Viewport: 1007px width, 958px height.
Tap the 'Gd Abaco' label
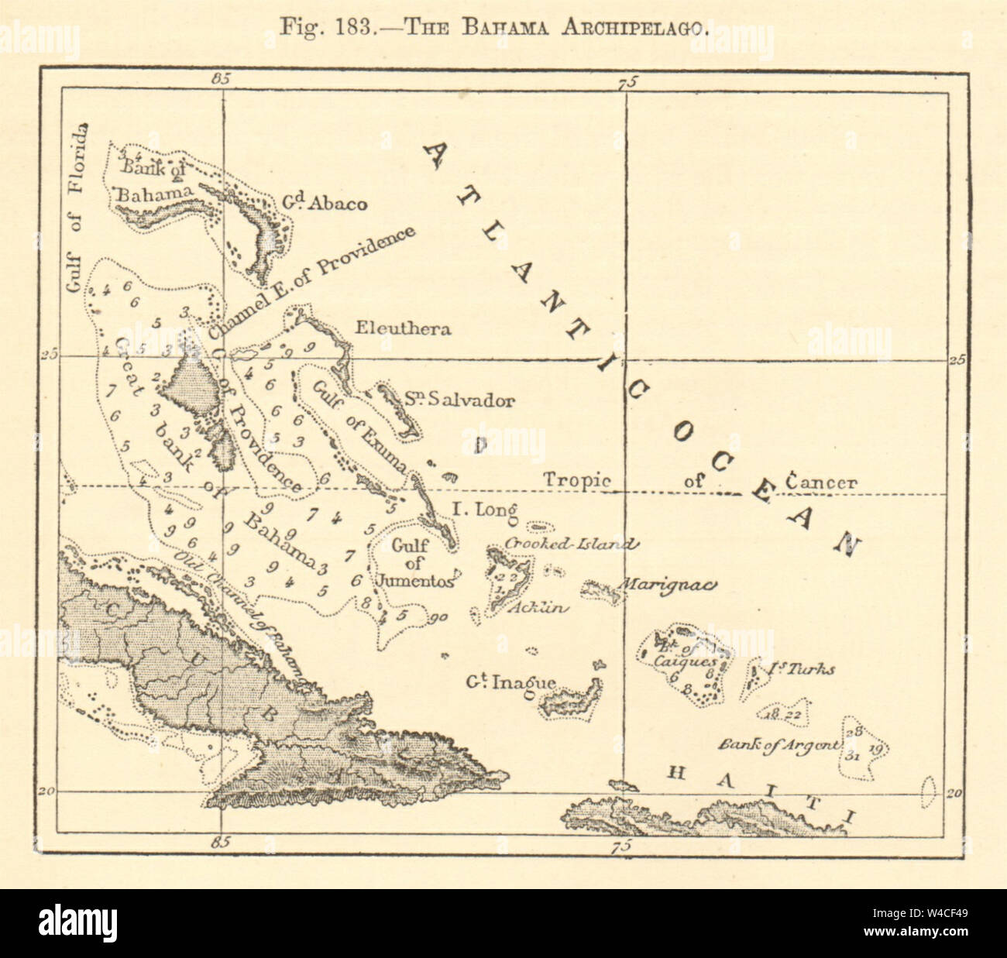335,203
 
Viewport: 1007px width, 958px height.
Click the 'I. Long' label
484,510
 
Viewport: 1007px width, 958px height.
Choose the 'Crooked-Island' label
572,544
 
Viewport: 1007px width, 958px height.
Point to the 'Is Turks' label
802,668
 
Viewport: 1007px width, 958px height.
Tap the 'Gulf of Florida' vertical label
76,209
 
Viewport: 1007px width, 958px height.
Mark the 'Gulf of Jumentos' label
411,563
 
